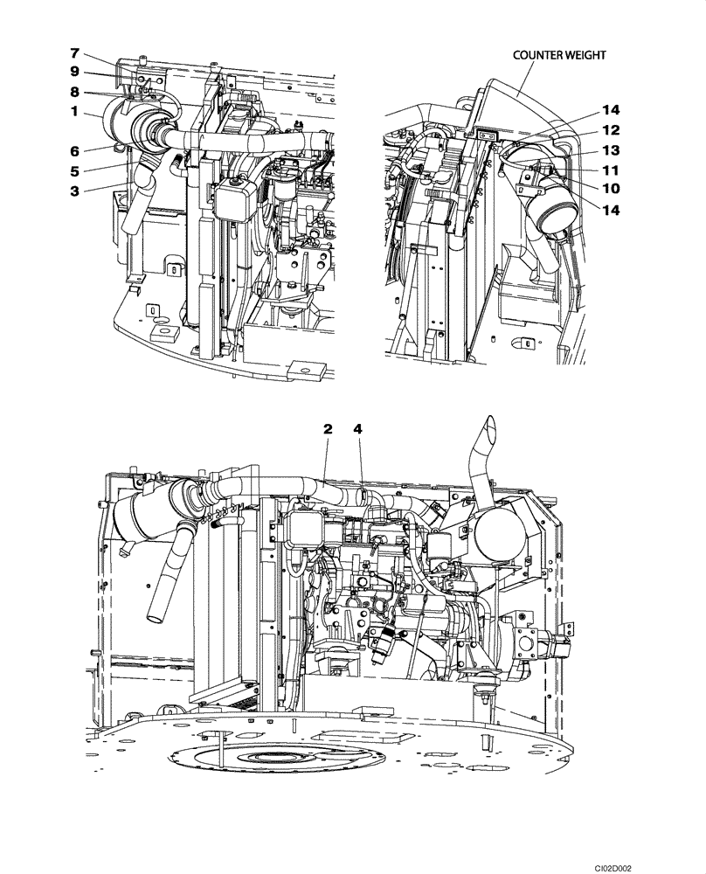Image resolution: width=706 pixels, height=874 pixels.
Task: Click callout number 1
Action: pos(76,112)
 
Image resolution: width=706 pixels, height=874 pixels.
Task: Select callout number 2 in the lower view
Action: pos(329,429)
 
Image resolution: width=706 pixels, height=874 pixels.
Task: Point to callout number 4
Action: pos(358,429)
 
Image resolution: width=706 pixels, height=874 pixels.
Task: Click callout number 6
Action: pos(76,149)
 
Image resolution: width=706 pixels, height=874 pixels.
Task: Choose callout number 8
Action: pos(76,91)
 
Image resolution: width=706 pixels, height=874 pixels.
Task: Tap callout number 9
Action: pos(76,73)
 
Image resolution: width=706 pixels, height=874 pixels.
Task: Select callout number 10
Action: pos(610,186)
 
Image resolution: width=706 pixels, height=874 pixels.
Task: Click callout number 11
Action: pos(610,169)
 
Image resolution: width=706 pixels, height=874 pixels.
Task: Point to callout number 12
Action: pos(610,129)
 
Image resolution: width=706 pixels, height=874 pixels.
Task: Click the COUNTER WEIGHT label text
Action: pos(558,54)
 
